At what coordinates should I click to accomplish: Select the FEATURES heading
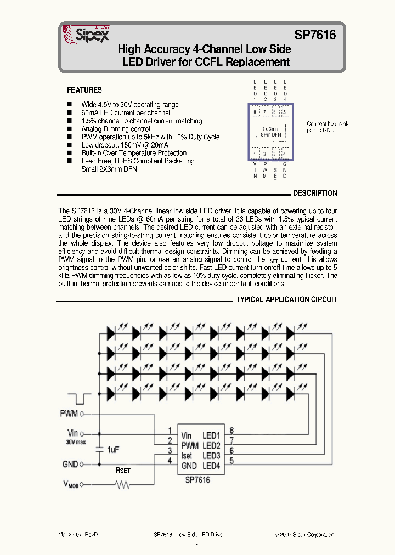coord(84,90)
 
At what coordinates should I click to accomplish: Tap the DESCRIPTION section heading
coord(315,194)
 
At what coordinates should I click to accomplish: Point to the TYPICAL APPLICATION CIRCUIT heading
coord(286,300)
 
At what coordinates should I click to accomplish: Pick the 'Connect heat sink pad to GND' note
coord(328,127)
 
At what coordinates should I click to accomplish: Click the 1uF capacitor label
coord(113,450)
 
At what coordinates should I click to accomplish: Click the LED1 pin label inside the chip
coord(211,435)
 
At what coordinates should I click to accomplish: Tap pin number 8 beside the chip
coord(232,430)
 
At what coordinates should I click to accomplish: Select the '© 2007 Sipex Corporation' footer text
coord(304,534)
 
